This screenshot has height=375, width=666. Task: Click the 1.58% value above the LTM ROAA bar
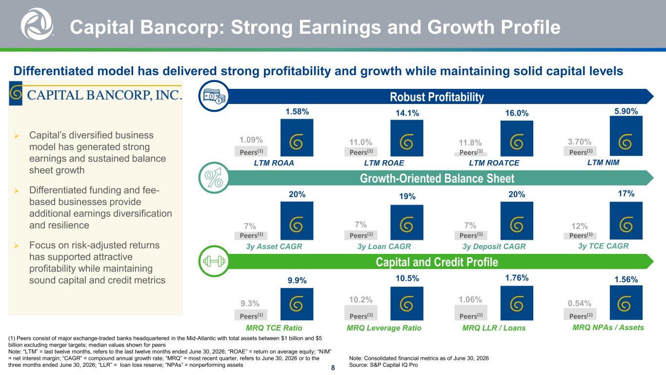click(x=297, y=112)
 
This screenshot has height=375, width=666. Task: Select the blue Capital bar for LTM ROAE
click(x=407, y=138)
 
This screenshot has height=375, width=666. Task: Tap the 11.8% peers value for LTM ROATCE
click(x=470, y=143)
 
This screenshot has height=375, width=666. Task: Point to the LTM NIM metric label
click(x=603, y=163)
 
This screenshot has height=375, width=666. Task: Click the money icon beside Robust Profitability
click(x=214, y=96)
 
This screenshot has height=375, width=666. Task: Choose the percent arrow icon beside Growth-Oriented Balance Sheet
click(x=214, y=178)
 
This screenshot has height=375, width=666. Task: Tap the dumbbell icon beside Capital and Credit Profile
click(x=214, y=261)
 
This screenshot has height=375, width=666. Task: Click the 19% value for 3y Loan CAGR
click(x=407, y=196)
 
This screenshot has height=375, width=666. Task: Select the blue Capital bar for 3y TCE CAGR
click(x=626, y=221)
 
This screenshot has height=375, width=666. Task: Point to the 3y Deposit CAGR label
click(x=494, y=247)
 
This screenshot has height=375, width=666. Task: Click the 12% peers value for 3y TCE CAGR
click(x=580, y=226)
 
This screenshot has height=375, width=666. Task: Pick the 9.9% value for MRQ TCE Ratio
click(x=297, y=280)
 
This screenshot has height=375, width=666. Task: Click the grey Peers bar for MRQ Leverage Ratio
click(x=361, y=312)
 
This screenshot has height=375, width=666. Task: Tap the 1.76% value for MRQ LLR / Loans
click(x=517, y=278)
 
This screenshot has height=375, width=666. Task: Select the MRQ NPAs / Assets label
click(x=608, y=327)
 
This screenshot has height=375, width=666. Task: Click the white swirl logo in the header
click(x=37, y=24)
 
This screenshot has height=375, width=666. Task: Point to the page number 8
click(x=333, y=368)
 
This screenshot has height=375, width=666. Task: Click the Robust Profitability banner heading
click(x=437, y=97)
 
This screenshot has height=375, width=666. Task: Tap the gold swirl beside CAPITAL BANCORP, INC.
click(x=16, y=93)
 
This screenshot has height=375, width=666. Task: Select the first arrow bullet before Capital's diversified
click(x=17, y=136)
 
